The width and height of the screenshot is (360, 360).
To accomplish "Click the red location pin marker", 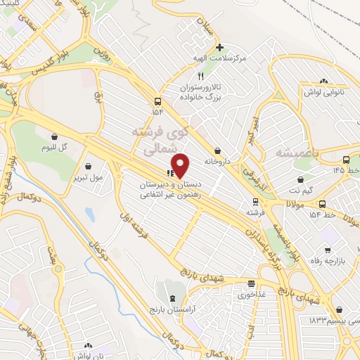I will (181, 165).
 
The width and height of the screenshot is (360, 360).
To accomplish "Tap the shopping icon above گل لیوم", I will (54, 136).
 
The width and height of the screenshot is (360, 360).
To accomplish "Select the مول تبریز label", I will (88, 177).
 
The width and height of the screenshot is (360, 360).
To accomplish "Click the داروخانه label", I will (218, 161).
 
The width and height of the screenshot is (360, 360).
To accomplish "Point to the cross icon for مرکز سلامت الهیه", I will (219, 48).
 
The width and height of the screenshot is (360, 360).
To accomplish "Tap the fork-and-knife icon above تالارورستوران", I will (200, 76).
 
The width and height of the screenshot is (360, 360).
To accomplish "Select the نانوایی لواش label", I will (323, 92).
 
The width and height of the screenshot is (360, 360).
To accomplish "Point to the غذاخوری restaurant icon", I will (251, 284).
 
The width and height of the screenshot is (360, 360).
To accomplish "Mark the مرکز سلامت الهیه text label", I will (219, 58).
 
